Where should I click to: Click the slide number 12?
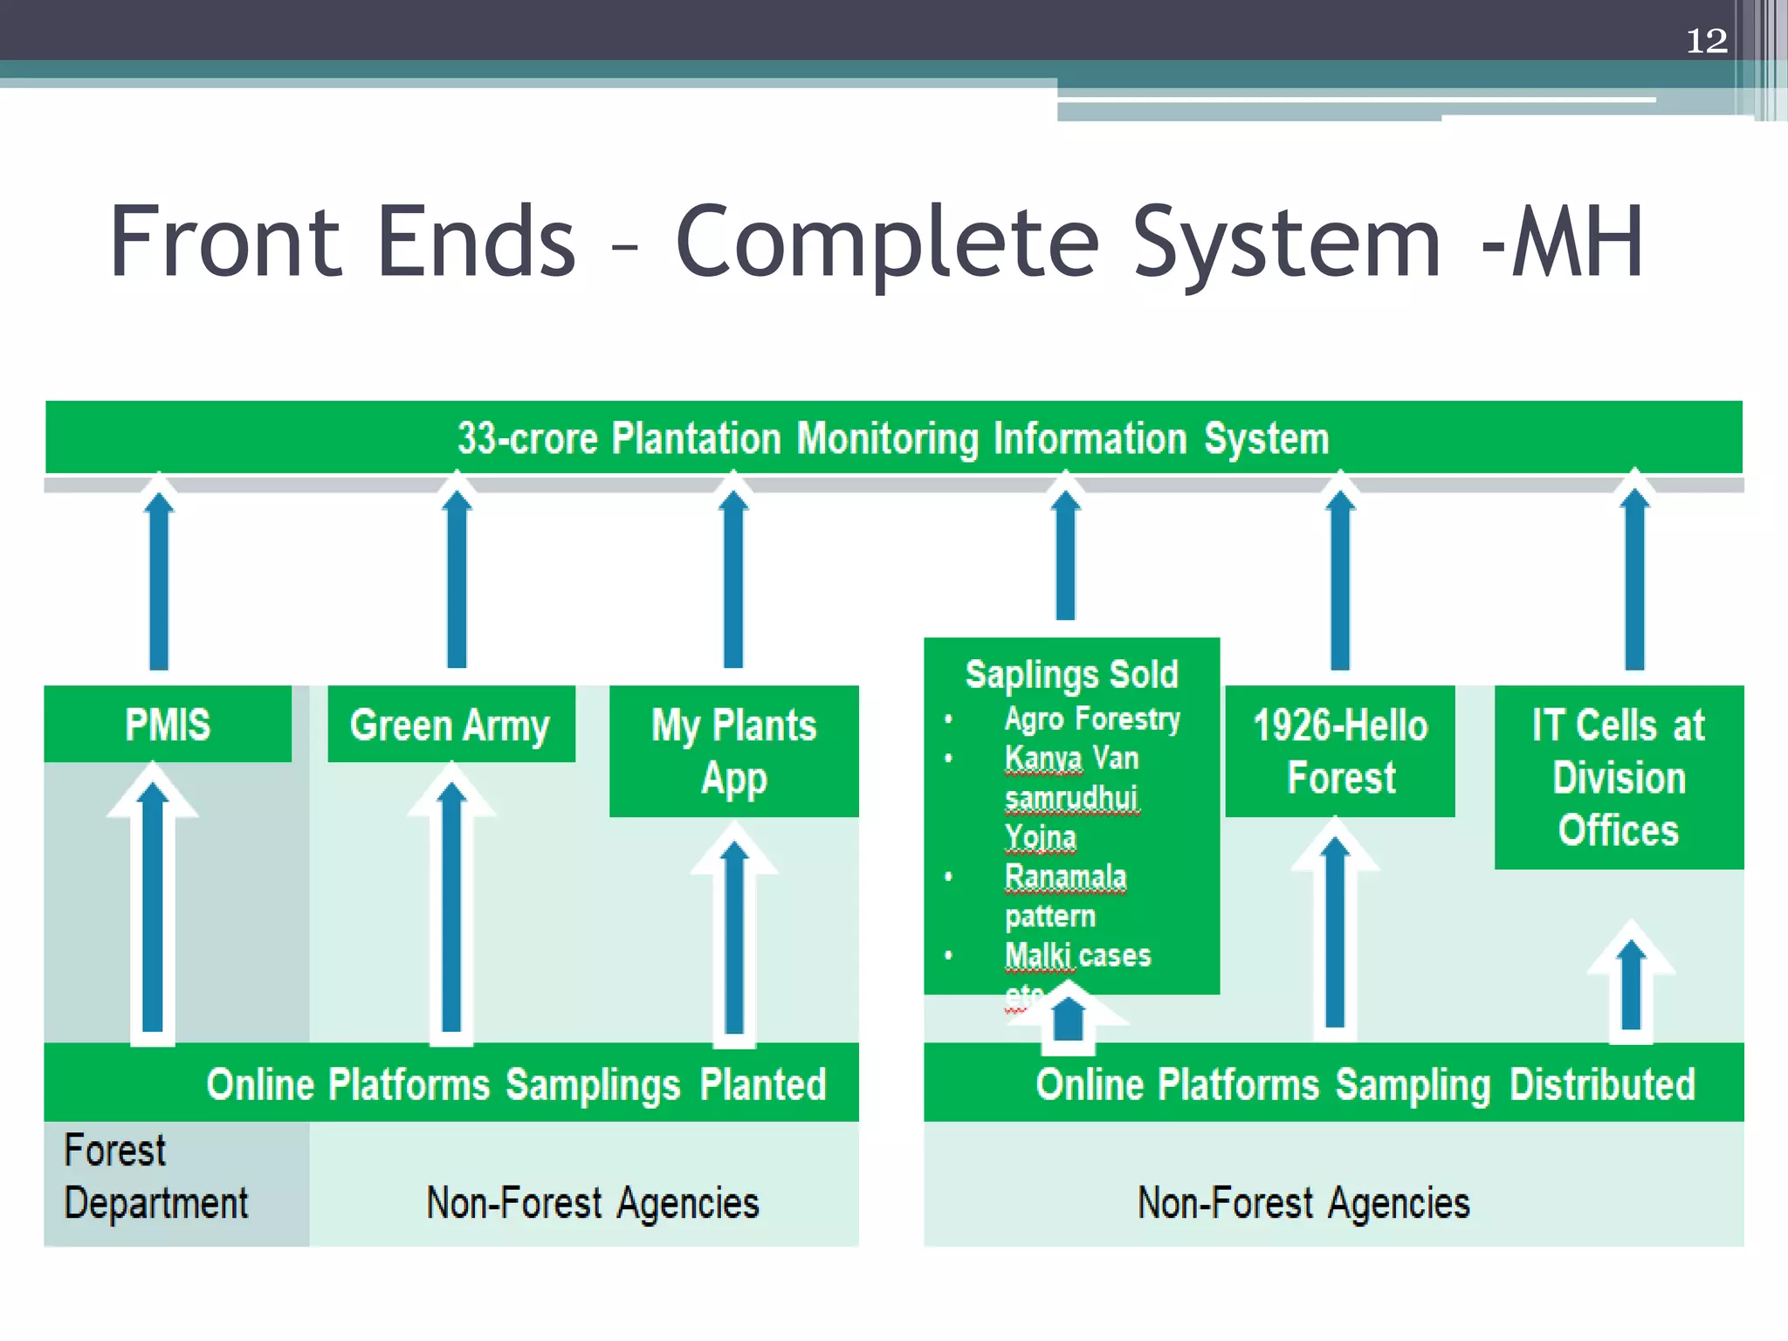1706,41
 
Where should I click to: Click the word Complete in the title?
886,242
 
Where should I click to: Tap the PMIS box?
168,724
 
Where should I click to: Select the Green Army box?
450,725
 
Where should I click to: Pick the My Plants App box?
733,751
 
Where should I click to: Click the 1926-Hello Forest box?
1340,751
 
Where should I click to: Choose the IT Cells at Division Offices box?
1619,777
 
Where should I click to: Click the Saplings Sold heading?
1071,675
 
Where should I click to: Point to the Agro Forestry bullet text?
1091,719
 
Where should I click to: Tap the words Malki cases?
1077,955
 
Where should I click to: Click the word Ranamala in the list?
1065,877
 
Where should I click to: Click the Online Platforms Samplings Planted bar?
515,1084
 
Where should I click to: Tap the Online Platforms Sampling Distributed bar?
1365,1084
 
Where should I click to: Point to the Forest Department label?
155,1176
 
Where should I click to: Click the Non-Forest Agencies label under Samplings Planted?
592,1202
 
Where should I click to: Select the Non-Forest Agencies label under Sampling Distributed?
1303,1202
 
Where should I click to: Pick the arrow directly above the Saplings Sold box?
1065,554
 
